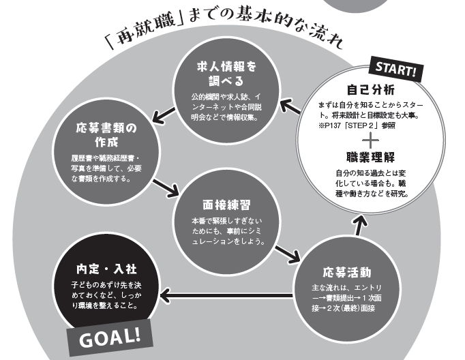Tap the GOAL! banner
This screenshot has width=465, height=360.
click(110, 336)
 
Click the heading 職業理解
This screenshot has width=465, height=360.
click(370, 157)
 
